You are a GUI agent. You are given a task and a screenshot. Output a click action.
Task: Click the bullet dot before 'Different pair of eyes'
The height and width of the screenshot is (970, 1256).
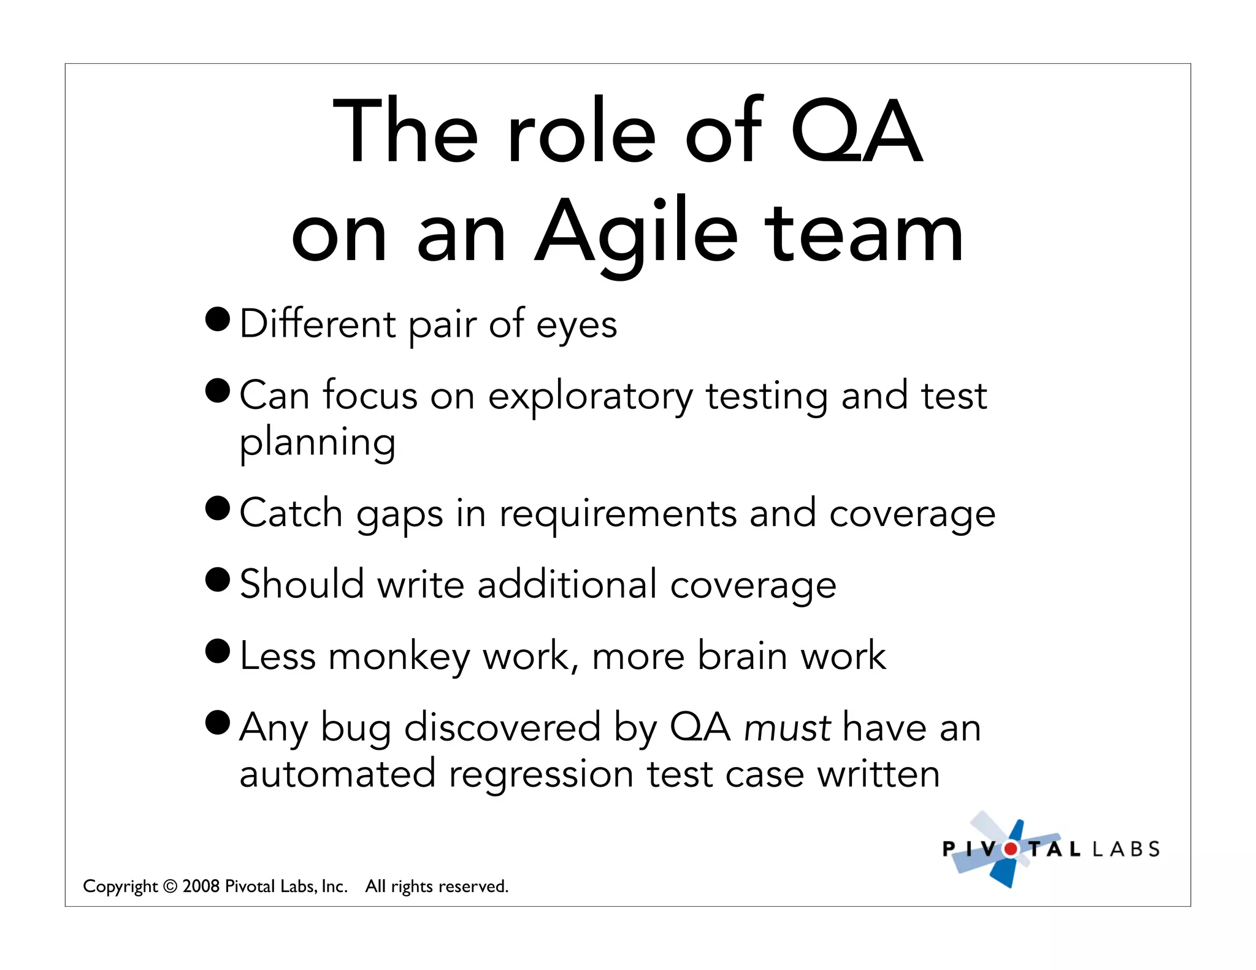218,319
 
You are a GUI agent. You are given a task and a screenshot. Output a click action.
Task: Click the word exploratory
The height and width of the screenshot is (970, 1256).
590,397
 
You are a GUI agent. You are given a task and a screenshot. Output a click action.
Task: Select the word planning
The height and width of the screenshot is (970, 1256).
317,443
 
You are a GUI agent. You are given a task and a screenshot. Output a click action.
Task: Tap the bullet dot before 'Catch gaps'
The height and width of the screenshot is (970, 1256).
218,508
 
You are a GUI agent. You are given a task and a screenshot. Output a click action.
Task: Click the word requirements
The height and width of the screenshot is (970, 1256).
618,514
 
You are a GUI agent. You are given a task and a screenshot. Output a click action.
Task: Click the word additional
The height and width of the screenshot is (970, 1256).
567,584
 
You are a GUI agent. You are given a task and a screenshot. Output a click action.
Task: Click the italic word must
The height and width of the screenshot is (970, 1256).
787,728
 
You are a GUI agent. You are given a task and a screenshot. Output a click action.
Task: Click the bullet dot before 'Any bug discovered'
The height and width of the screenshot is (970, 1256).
218,722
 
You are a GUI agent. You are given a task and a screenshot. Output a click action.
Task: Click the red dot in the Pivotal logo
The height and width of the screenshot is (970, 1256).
1010,849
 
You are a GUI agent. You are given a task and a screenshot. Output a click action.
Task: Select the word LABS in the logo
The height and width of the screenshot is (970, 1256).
1126,849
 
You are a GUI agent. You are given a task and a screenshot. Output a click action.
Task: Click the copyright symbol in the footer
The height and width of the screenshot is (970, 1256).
170,887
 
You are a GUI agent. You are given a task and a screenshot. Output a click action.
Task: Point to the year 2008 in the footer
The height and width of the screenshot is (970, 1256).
201,886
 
